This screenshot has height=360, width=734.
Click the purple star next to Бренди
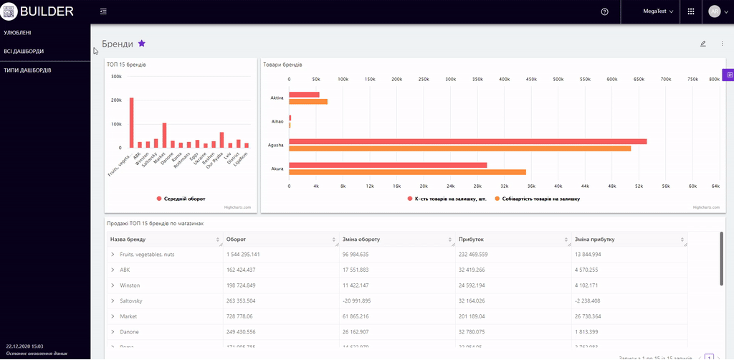click(x=142, y=44)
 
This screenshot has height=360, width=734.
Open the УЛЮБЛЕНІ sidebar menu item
click(x=17, y=32)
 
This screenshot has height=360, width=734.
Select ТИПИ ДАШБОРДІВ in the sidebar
click(x=27, y=70)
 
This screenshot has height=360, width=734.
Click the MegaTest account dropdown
click(x=658, y=11)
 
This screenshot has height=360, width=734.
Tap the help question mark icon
click(x=605, y=11)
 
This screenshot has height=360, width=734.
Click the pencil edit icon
click(x=703, y=44)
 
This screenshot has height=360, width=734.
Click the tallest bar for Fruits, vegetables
click(x=132, y=122)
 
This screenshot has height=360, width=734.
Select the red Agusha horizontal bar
click(x=467, y=141)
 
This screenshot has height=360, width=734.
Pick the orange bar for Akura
click(x=407, y=171)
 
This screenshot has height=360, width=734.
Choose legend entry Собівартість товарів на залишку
click(x=541, y=199)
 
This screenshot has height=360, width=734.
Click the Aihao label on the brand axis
click(x=277, y=121)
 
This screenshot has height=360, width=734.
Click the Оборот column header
click(x=237, y=240)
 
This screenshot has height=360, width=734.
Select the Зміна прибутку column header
click(x=595, y=240)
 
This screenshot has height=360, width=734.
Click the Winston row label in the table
click(x=130, y=285)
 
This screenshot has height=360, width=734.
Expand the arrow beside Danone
click(x=113, y=332)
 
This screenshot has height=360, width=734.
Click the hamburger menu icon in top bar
click(x=104, y=11)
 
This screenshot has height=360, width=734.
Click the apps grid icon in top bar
click(x=691, y=11)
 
